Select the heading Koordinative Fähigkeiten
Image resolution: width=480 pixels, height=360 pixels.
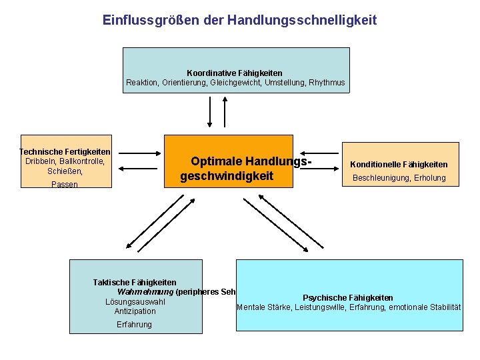pyautogui.click(x=235, y=73)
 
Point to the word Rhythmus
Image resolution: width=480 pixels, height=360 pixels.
pyautogui.click(x=327, y=83)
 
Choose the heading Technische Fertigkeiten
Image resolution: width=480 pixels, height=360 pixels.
pyautogui.click(x=65, y=152)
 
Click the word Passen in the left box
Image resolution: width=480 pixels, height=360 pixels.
pyautogui.click(x=65, y=185)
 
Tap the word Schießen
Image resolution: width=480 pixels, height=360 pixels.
pyautogui.click(x=65, y=171)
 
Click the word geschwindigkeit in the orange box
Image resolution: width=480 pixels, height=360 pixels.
pyautogui.click(x=227, y=177)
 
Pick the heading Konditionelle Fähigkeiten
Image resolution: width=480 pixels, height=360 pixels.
pyautogui.click(x=399, y=165)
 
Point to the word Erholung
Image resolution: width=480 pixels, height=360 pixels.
pyautogui.click(x=429, y=178)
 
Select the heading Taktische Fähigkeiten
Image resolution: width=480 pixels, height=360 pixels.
pyautogui.click(x=135, y=283)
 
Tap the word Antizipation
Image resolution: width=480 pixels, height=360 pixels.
pyautogui.click(x=135, y=311)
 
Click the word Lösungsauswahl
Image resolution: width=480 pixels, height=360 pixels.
pyautogui.click(x=135, y=302)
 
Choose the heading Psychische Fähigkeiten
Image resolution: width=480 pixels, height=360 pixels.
pyautogui.click(x=348, y=298)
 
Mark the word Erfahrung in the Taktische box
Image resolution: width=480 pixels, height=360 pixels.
pyautogui.click(x=134, y=325)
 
